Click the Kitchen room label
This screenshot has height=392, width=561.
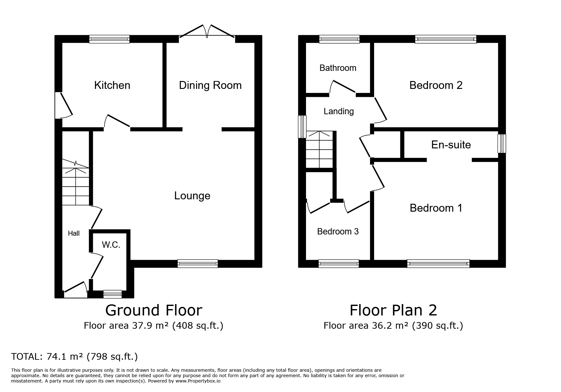(112, 85)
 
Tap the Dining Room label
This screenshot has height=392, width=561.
(210, 85)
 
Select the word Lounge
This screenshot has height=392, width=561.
(192, 196)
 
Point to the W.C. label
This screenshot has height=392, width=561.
(111, 245)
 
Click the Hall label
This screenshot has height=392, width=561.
(74, 233)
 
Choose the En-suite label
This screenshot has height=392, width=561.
(451, 145)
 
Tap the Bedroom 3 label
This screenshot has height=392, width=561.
(338, 232)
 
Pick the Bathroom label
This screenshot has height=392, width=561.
(338, 68)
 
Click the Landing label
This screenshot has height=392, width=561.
(339, 111)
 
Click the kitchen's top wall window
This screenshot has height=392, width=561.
(109, 39)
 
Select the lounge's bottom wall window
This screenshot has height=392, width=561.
(198, 263)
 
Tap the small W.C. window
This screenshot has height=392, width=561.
(113, 294)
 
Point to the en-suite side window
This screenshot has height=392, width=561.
(502, 144)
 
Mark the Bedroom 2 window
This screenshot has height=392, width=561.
(446, 39)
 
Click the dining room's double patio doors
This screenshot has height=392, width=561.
(207, 32)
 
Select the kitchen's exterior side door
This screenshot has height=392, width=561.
(64, 105)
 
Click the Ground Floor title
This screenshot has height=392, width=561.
(154, 310)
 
